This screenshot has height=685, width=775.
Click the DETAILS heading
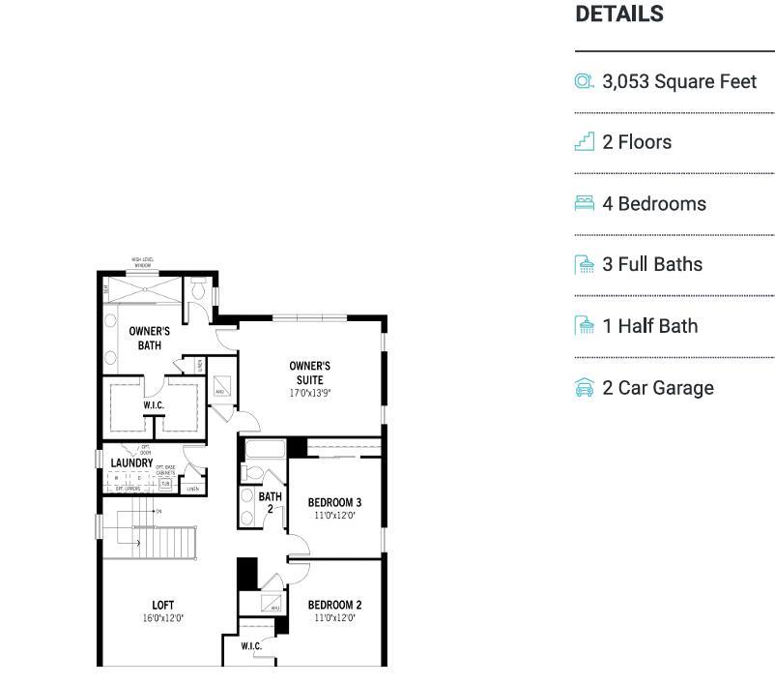[618, 15]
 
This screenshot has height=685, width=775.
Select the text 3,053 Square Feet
[678, 81]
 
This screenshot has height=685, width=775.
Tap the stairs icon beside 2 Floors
[584, 142]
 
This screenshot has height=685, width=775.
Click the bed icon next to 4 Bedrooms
[584, 203]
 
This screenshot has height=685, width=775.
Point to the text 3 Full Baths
[652, 264]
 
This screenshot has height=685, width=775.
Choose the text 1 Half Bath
[649, 326]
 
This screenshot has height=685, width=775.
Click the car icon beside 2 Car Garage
[584, 388]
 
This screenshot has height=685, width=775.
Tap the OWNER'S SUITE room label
[309, 372]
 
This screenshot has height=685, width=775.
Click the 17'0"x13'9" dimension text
[309, 394]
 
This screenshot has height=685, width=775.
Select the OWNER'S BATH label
[150, 338]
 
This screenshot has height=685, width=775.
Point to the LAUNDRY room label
[131, 463]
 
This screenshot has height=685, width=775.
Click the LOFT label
[162, 606]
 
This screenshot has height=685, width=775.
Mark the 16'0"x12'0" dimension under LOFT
[162, 618]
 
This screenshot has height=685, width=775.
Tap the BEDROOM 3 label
[334, 503]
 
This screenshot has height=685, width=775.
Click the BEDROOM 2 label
[334, 606]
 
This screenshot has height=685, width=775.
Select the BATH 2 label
[270, 502]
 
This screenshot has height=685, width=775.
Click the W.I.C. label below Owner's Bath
[154, 405]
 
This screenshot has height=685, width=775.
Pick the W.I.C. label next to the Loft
[250, 646]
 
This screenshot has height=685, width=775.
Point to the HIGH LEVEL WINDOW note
[143, 262]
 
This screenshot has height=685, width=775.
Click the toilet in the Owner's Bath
[199, 288]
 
